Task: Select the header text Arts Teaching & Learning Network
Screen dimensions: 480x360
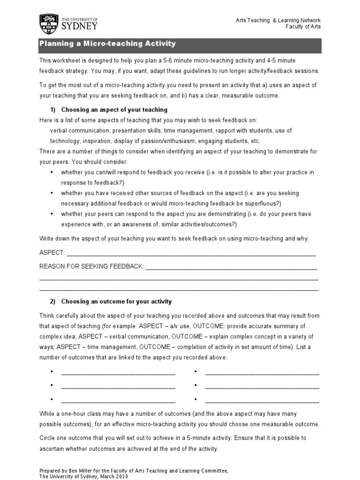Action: (278, 20)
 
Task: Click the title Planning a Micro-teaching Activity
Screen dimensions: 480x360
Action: (107, 44)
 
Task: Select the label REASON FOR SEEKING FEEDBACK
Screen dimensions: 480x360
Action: (91, 266)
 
